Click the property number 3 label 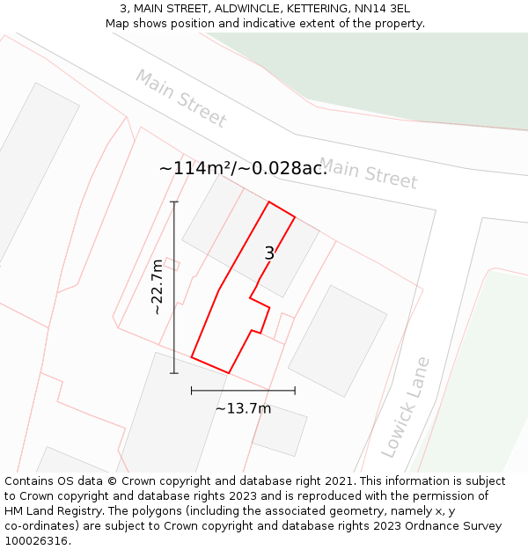pyautogui.click(x=269, y=253)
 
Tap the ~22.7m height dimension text pyautogui.click(x=157, y=287)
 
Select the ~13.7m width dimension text pyautogui.click(x=243, y=408)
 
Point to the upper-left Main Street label pyautogui.click(x=180, y=98)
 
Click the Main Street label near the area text pyautogui.click(x=368, y=172)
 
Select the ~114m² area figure pyautogui.click(x=195, y=168)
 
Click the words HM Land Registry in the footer pyautogui.click(x=56, y=511)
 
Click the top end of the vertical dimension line pyautogui.click(x=174, y=202)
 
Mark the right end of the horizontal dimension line pyautogui.click(x=295, y=390)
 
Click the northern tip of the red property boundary pyautogui.click(x=268, y=202)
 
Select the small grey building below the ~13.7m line pyautogui.click(x=280, y=430)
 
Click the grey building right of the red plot pyautogui.click(x=337, y=340)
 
